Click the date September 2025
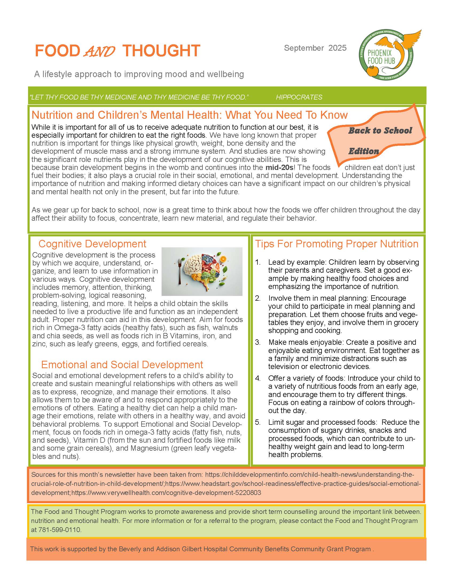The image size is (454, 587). pos(315,48)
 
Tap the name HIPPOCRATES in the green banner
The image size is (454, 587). pos(299,97)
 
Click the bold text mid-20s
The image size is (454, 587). pos(279,168)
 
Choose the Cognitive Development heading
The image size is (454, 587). pos(92,244)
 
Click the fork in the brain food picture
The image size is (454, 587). pos(179,271)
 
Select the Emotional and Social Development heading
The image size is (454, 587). pos(122,364)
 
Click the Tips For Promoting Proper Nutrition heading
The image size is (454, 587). pos(336,244)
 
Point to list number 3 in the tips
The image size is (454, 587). pos(258,342)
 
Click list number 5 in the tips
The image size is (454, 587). pos(258,422)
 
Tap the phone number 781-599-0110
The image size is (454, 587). pos(60,530)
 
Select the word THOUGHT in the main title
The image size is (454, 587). pos(161,51)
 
